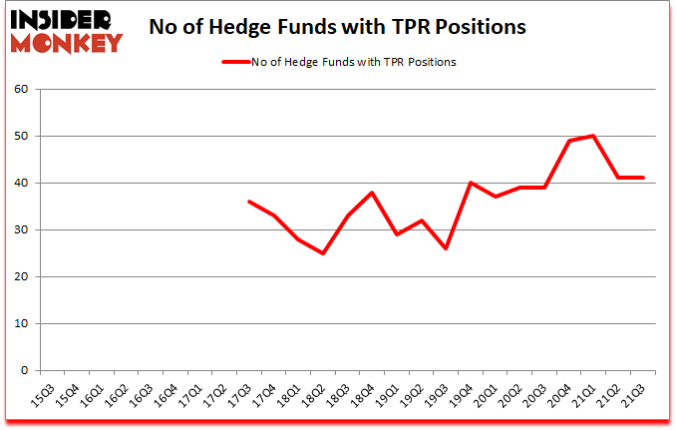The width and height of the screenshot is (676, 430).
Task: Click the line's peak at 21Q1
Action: tap(592, 136)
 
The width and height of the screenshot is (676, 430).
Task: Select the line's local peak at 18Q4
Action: tap(371, 193)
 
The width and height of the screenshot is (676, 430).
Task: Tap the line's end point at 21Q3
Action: tap(643, 178)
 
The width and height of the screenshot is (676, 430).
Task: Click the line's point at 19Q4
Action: tap(469, 183)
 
